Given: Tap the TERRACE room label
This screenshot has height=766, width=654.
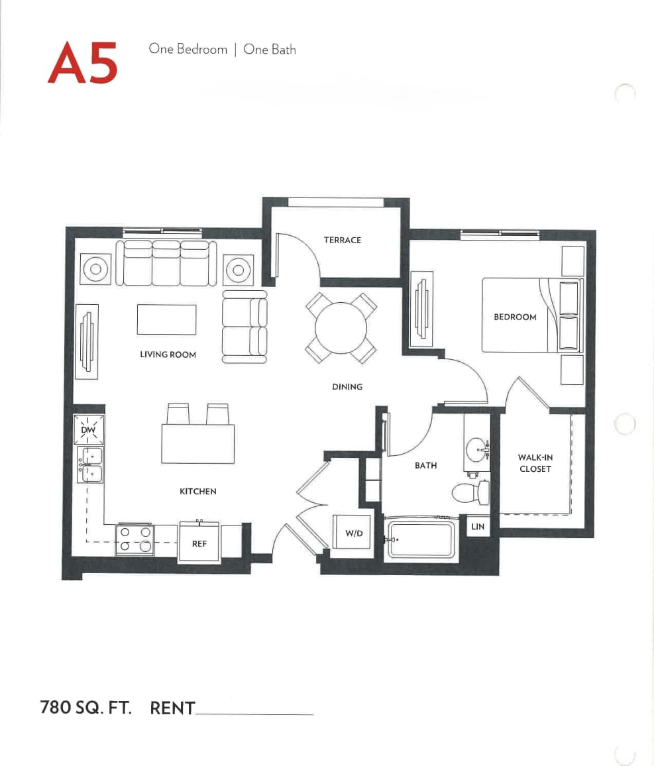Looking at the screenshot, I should [343, 240].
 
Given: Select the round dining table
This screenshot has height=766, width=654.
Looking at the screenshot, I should [341, 327].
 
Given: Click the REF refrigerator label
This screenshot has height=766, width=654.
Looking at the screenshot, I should [199, 543].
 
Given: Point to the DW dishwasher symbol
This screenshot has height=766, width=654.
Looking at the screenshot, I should [88, 430].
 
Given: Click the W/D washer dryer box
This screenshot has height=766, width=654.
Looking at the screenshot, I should [354, 533].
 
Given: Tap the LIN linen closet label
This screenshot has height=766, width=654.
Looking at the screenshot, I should [478, 527].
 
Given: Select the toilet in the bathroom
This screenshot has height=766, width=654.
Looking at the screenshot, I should [470, 492].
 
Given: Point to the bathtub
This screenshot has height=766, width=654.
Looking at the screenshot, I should [421, 539].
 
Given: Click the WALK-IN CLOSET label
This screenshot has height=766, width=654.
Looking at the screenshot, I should [535, 463].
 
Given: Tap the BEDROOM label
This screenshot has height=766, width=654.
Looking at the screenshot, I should [515, 317].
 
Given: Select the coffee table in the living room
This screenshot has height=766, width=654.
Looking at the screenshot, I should [166, 319].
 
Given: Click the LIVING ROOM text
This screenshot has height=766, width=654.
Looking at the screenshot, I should [168, 355].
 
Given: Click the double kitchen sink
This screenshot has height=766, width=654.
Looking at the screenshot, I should [91, 464].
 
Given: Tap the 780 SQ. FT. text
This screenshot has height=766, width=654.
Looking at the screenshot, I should [86, 708].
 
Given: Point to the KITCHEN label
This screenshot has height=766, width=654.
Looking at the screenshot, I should [197, 491].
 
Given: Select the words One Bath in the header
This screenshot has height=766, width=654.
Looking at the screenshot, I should [270, 50].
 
